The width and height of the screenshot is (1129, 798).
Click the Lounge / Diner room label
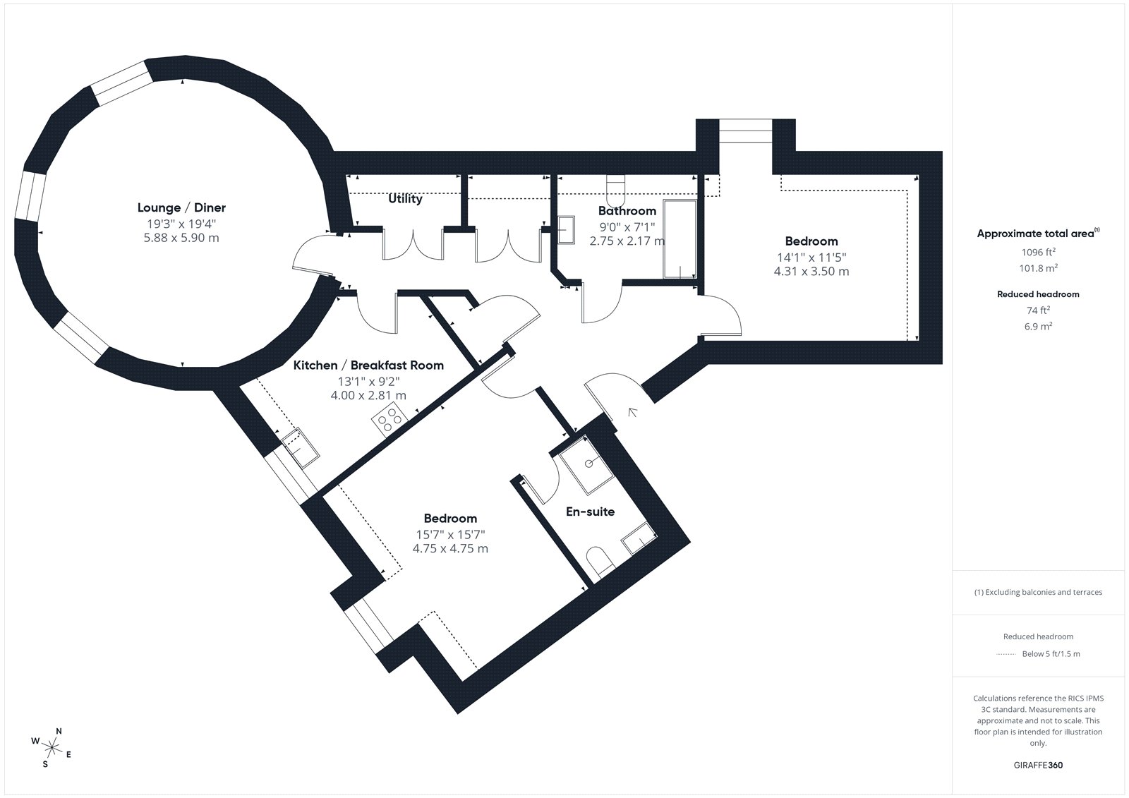pyautogui.click(x=181, y=207)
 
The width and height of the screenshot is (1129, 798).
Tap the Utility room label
pyautogui.click(x=405, y=198)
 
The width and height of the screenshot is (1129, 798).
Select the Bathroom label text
pyautogui.click(x=627, y=211)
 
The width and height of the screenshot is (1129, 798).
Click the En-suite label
pyautogui.click(x=590, y=512)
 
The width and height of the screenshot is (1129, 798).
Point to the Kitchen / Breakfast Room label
pyautogui.click(x=368, y=365)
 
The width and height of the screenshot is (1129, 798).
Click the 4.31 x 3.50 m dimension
pyautogui.click(x=811, y=271)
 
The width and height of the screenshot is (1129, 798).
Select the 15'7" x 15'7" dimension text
pyautogui.click(x=450, y=534)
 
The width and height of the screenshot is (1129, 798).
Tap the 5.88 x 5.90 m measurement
pyautogui.click(x=181, y=238)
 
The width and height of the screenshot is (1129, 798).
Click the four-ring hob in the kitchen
pyautogui.click(x=390, y=419)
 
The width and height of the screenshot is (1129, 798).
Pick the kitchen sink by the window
pyautogui.click(x=301, y=447)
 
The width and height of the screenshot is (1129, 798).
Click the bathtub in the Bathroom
pyautogui.click(x=680, y=239)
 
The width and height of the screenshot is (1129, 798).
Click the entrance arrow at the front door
pyautogui.click(x=632, y=412)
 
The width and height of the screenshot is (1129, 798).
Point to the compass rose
pyautogui.click(x=52, y=747)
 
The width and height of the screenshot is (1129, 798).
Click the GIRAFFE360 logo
pyautogui.click(x=1038, y=765)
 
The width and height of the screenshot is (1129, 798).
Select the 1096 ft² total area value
pyautogui.click(x=1038, y=252)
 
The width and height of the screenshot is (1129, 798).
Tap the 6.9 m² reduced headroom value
pyautogui.click(x=1038, y=326)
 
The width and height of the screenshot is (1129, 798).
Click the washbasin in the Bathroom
pyautogui.click(x=567, y=230)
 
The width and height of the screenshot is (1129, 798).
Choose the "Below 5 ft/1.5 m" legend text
pyautogui.click(x=1051, y=654)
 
